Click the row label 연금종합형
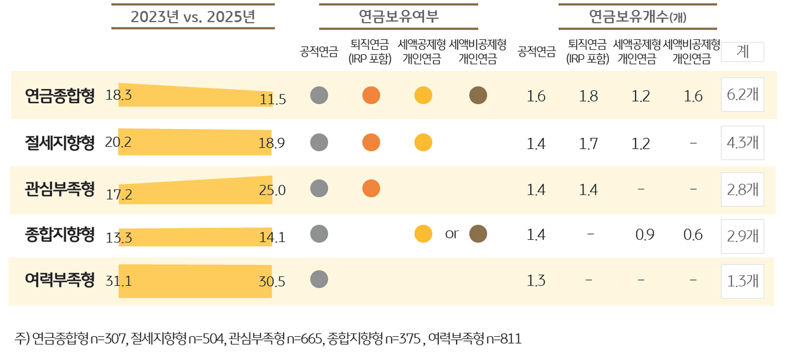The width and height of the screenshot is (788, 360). click(x=60, y=96)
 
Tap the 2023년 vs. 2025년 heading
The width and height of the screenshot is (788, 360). click(x=193, y=16)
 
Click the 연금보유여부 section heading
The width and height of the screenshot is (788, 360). click(x=398, y=16)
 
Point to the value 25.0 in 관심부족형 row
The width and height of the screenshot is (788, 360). click(x=272, y=190)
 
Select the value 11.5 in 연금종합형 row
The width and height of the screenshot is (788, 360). click(x=273, y=99)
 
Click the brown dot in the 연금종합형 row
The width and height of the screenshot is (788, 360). click(x=478, y=95)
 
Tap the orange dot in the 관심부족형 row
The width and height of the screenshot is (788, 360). click(x=371, y=187)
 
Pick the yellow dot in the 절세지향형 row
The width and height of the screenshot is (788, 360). click(x=423, y=142)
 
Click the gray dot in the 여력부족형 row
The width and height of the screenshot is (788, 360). click(x=319, y=279)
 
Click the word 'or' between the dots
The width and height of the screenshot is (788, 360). click(x=452, y=233)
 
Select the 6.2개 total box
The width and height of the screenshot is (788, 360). click(x=742, y=95)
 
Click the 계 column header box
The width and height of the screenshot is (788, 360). click(x=742, y=52)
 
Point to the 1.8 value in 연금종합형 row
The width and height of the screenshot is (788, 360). click(x=588, y=96)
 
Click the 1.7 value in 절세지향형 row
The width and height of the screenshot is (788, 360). click(x=588, y=143)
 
